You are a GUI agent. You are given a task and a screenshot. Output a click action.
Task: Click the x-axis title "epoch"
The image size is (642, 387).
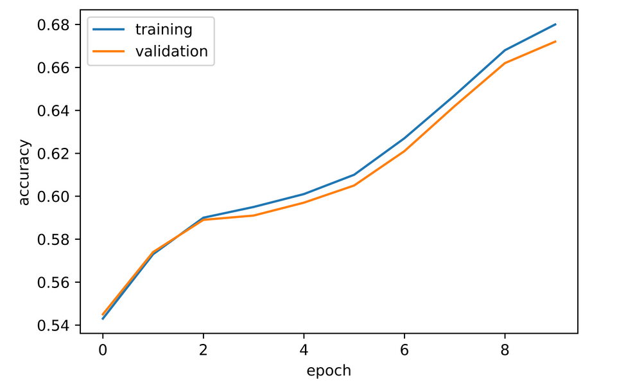pos(329,370)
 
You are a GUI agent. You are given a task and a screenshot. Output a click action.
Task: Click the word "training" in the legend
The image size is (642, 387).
pos(163,30)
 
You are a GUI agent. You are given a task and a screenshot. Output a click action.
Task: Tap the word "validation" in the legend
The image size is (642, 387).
pos(171,51)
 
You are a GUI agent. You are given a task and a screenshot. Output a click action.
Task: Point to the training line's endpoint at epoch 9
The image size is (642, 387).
pos(555,24)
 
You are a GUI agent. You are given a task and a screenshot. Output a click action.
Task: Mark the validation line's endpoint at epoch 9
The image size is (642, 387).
pos(555,42)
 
